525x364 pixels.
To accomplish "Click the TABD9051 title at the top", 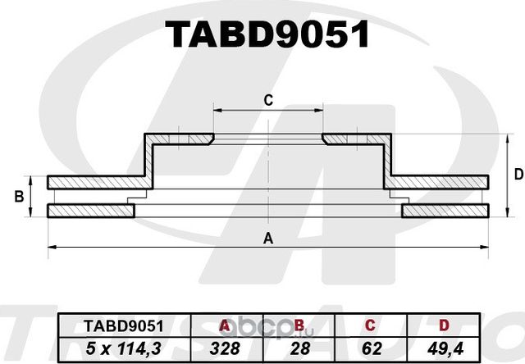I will [x=267, y=34].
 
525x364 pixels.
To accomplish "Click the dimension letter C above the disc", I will [x=267, y=101].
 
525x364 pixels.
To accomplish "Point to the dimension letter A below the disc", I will [x=267, y=239].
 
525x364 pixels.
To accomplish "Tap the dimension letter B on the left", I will [x=18, y=197].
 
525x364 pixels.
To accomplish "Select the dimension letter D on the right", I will [x=518, y=174].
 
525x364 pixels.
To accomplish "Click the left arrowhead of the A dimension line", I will [x=51, y=246].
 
